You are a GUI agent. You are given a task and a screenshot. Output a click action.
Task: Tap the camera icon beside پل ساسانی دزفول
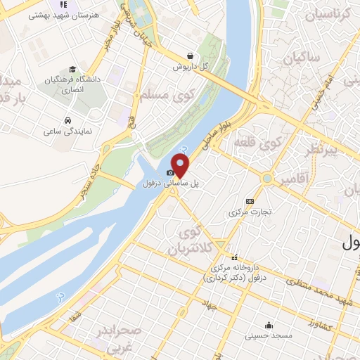point(170,172)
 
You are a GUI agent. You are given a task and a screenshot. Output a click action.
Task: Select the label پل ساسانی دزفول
point(172,182)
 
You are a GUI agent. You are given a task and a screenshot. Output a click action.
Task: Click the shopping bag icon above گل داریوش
point(191,56)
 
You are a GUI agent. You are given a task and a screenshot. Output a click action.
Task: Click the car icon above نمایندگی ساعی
point(67,120)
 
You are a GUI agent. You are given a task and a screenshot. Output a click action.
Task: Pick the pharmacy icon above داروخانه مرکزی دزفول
point(234,257)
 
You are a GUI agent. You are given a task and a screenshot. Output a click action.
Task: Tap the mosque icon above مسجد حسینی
point(269,325)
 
